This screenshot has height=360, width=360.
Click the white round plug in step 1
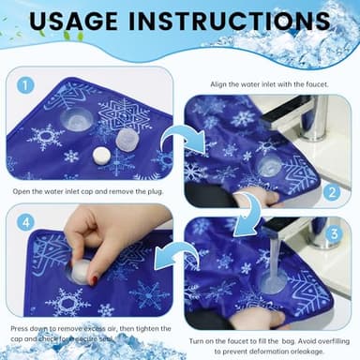click(x=100, y=157)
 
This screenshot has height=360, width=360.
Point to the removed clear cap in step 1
click(x=127, y=139)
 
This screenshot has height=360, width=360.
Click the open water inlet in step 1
click(x=76, y=119)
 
